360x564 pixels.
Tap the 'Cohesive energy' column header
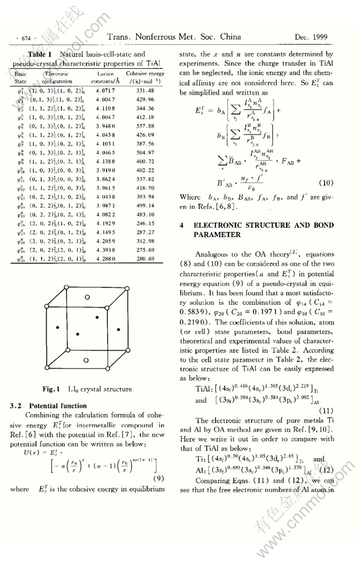click(x=145, y=74)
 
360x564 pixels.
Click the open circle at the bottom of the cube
click(x=86, y=360)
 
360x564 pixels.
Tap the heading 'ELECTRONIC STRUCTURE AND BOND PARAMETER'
click(x=256, y=229)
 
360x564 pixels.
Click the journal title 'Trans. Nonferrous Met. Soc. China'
click(x=174, y=37)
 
